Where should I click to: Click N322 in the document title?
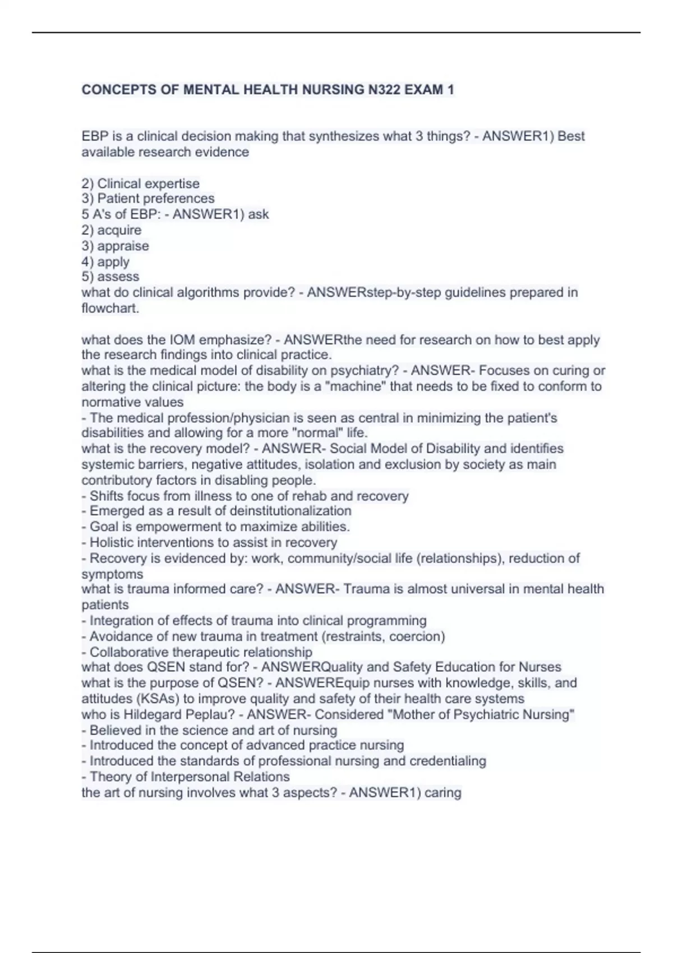(385, 90)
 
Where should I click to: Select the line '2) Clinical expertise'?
(140, 183)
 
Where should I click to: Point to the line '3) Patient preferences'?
(148, 198)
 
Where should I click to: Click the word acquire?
(119, 230)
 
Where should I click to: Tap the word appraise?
(123, 246)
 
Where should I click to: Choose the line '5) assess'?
(110, 276)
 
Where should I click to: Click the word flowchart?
(110, 308)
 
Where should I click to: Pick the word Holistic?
(113, 542)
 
